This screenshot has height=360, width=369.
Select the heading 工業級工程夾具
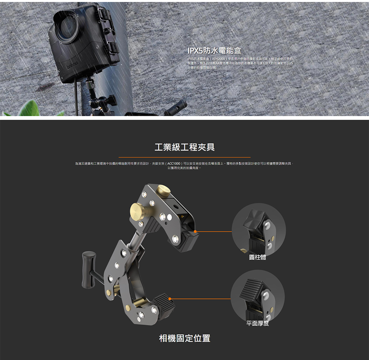pyautogui.click(x=184, y=148)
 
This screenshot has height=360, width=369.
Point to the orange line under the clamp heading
pyautogui.click(x=184, y=157)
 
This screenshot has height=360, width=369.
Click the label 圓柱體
pyautogui.click(x=258, y=257)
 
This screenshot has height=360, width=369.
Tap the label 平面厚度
pyautogui.click(x=258, y=323)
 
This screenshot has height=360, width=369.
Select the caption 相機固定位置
pyautogui.click(x=184, y=338)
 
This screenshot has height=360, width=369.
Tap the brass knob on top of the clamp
pyautogui.click(x=162, y=191)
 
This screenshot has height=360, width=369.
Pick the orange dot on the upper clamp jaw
pyautogui.click(x=195, y=232)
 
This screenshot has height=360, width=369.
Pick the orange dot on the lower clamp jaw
pyautogui.click(x=169, y=298)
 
